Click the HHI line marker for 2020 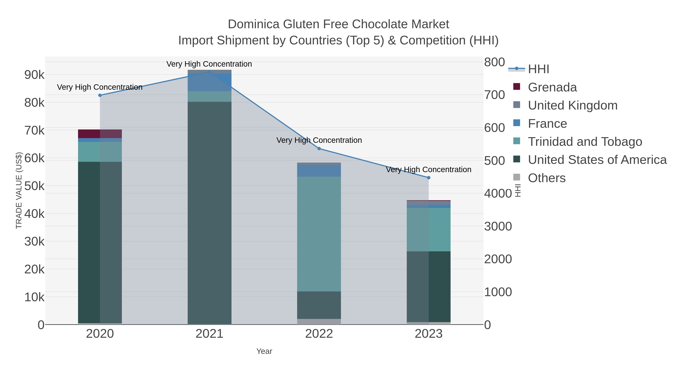[x=100, y=95]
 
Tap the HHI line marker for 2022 [x=319, y=149]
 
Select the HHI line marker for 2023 [x=429, y=178]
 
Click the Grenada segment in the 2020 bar [x=100, y=134]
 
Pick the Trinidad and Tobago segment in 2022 [x=319, y=234]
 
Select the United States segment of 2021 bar [x=209, y=213]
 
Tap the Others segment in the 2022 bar [x=319, y=322]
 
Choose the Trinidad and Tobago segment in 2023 [x=429, y=230]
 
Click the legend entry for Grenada [x=552, y=87]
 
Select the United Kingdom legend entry [x=572, y=105]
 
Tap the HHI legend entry [x=538, y=69]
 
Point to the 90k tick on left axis [x=34, y=75]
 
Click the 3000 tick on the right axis [x=498, y=226]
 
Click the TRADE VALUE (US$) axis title [x=19, y=190]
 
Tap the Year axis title [x=264, y=351]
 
